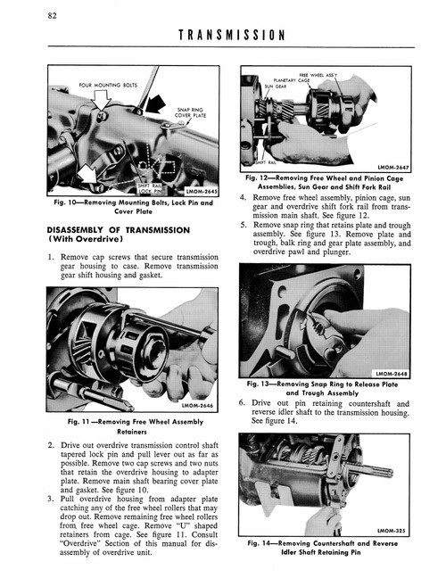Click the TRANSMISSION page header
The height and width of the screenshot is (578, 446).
231,36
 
